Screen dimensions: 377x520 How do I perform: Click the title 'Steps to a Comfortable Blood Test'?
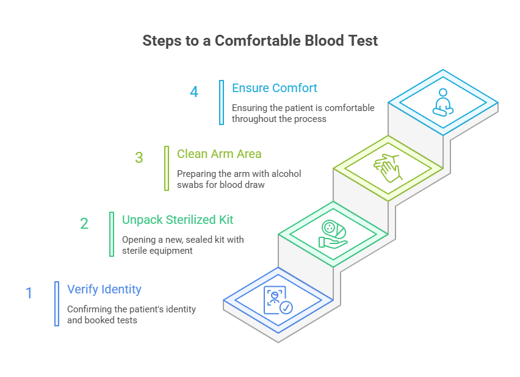[x=260, y=41]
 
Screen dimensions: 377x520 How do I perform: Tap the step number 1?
[x=29, y=293]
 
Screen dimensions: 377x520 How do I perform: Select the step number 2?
[x=84, y=224]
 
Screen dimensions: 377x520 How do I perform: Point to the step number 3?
[x=139, y=158]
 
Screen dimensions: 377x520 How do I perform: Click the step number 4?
[x=194, y=92]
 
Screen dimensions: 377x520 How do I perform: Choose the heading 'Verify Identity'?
[x=104, y=289]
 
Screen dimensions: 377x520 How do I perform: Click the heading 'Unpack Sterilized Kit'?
[x=178, y=220]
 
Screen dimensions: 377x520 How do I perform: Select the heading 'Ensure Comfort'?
[x=275, y=88]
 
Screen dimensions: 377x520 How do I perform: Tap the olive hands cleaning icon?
[x=388, y=168]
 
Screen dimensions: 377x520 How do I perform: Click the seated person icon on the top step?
[x=442, y=102]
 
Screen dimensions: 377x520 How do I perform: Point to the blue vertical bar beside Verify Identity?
[x=57, y=303]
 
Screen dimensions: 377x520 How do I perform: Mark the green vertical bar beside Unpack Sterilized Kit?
[x=112, y=234]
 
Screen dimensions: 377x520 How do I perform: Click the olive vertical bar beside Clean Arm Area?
[x=167, y=168]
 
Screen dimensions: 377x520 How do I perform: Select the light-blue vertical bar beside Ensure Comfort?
[x=222, y=102]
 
